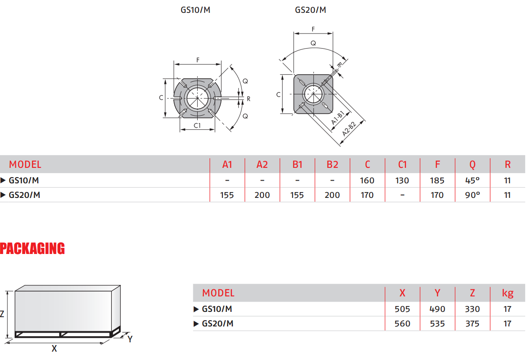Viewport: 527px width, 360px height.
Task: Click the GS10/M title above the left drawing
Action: click(195, 10)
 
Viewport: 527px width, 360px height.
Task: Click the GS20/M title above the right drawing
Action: click(310, 10)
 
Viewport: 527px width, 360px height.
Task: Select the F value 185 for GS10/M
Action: click(437, 180)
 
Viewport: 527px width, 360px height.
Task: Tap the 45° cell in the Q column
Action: click(472, 180)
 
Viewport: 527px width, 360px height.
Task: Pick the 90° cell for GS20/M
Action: click(472, 195)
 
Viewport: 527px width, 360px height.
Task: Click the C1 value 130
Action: click(402, 180)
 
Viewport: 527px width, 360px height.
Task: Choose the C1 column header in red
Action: click(402, 165)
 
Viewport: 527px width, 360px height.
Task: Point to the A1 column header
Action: click(227, 165)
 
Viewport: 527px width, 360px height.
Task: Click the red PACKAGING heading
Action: click(32, 249)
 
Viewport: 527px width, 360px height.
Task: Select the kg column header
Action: click(507, 293)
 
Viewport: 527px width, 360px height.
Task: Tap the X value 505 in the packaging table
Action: click(402, 309)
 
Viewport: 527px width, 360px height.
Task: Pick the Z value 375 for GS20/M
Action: click(472, 324)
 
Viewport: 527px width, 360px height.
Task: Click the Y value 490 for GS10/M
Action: click(437, 309)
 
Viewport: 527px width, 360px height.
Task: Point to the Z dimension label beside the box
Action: click(2, 315)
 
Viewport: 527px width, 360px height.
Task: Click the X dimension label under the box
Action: click(54, 349)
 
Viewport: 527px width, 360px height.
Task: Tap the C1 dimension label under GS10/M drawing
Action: click(197, 125)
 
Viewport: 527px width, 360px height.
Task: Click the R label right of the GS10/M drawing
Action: click(248, 99)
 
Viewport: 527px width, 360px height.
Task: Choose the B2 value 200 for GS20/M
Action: click(332, 195)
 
